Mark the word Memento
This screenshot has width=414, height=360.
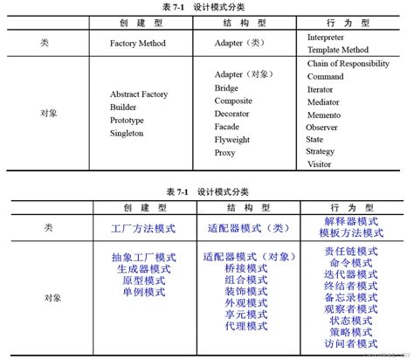pyautogui.click(x=329, y=114)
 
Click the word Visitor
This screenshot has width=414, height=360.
pyautogui.click(x=320, y=163)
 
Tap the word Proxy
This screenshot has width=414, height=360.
pyautogui.click(x=225, y=153)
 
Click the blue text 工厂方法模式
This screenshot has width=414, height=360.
pyautogui.click(x=144, y=228)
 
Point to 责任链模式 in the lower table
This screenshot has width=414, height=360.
pyautogui.click(x=350, y=251)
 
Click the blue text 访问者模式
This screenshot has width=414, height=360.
pyautogui.click(x=350, y=343)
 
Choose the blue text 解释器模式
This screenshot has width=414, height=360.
pyautogui.click(x=350, y=222)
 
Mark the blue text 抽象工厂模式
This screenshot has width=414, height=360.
pyautogui.click(x=144, y=258)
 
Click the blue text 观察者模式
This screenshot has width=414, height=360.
pyautogui.click(x=350, y=308)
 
